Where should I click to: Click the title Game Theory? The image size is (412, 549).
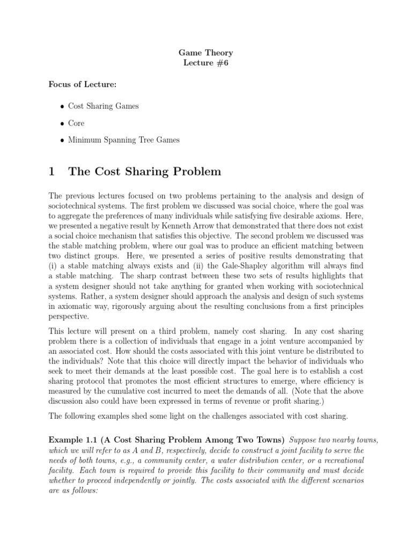click(x=206, y=53)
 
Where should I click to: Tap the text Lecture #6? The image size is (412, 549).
click(x=206, y=63)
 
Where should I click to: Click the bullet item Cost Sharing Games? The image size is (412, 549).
click(x=103, y=106)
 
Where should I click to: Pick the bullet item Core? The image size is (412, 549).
click(x=76, y=123)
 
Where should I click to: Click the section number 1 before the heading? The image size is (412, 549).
click(x=52, y=172)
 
